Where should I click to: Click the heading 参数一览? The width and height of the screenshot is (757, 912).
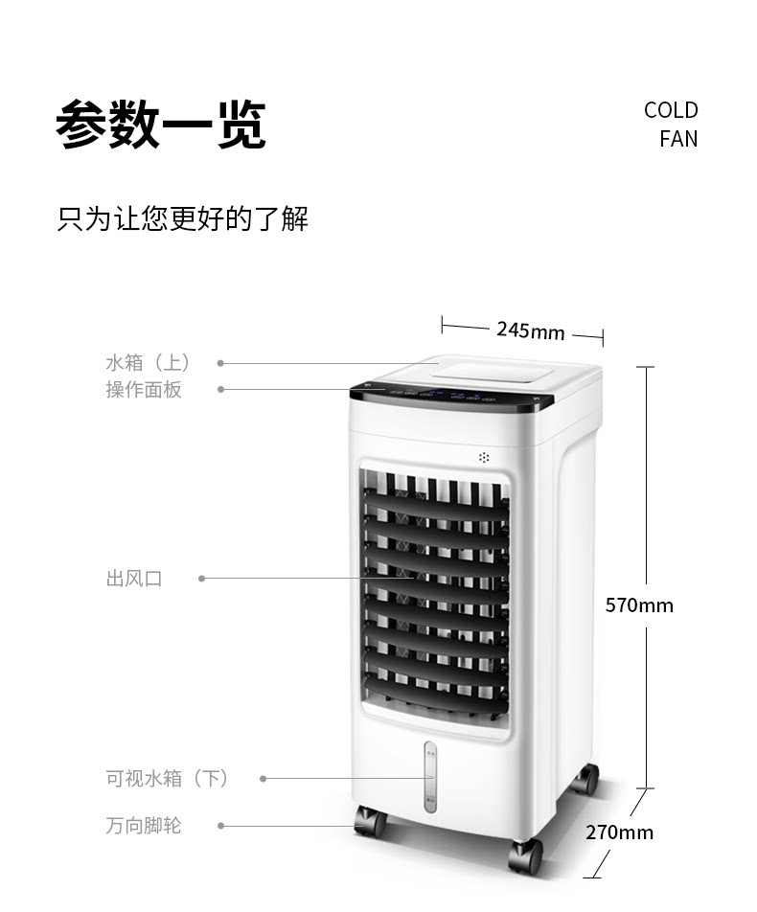point(161,125)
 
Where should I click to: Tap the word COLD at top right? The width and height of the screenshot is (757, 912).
point(671,110)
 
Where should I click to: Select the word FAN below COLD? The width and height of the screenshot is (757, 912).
point(678,139)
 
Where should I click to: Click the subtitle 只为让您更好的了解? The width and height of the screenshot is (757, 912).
point(183,218)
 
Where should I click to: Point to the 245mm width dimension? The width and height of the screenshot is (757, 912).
point(530,331)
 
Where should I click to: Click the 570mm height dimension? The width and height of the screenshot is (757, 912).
point(639,605)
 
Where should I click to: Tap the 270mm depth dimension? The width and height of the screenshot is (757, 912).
point(619,832)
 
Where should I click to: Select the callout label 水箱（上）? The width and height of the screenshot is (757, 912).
point(149,363)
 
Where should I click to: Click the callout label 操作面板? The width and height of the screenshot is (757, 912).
point(144,390)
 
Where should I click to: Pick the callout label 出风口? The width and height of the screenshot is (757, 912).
point(134,579)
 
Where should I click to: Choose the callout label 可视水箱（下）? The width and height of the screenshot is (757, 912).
point(168,778)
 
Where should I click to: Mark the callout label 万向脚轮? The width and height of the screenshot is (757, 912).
point(144,825)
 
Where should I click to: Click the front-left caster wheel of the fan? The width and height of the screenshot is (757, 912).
point(370,822)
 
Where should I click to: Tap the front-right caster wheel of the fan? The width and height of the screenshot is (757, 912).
point(526,855)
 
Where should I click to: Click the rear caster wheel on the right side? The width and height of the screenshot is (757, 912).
point(584,779)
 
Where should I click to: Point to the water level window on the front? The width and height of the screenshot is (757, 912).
point(430,776)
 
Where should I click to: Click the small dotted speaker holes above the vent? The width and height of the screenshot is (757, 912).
point(484,457)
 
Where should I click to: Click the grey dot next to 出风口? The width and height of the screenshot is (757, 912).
point(202,579)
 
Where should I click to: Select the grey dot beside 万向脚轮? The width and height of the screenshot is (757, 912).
point(221,825)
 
